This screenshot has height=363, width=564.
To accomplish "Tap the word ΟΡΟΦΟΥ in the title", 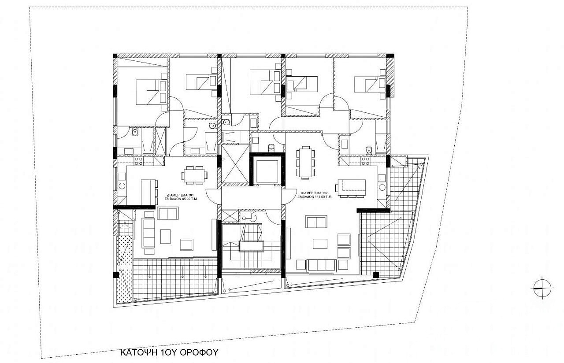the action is click(x=199, y=352).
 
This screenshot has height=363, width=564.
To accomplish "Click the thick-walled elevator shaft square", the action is click(x=267, y=170).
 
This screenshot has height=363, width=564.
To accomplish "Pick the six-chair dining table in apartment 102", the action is click(x=306, y=163).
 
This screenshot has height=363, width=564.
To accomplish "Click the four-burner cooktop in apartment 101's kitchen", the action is click(x=139, y=161).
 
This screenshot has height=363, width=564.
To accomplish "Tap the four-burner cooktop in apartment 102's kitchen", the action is click(x=365, y=161).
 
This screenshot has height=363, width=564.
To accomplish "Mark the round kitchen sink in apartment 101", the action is click(x=122, y=186).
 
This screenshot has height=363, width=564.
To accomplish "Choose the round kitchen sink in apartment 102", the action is click(x=382, y=187).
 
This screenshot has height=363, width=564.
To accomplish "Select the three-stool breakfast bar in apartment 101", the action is click(x=149, y=192).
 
